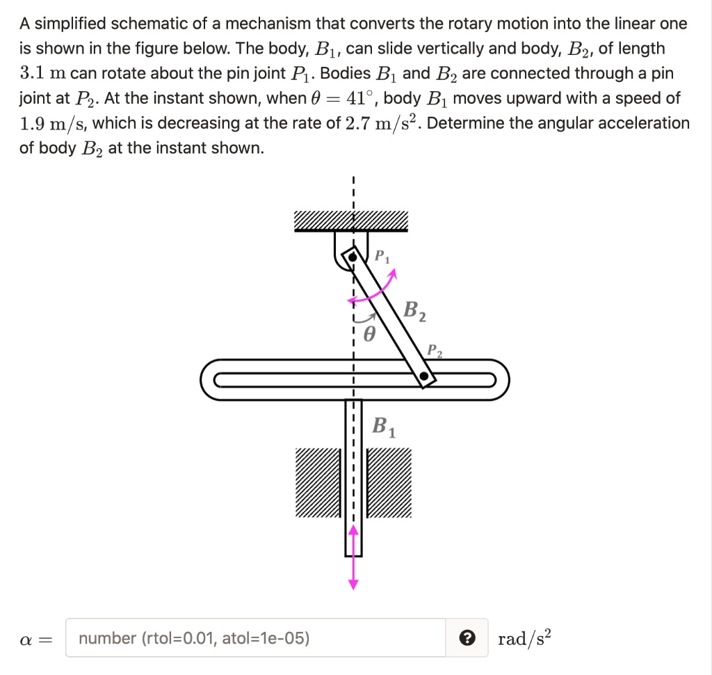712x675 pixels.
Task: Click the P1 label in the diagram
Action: pyautogui.click(x=382, y=256)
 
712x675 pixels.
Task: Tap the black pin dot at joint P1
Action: pyautogui.click(x=353, y=257)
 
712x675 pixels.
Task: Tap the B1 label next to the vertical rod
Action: pyautogui.click(x=384, y=425)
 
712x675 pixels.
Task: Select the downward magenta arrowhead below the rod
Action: pyautogui.click(x=353, y=583)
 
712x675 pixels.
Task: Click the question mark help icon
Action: pyautogui.click(x=468, y=638)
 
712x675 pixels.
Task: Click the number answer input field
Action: pyautogui.click(x=256, y=638)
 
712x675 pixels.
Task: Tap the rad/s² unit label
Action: pyautogui.click(x=525, y=638)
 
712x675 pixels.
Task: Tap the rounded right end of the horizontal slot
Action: pyautogui.click(x=498, y=380)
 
